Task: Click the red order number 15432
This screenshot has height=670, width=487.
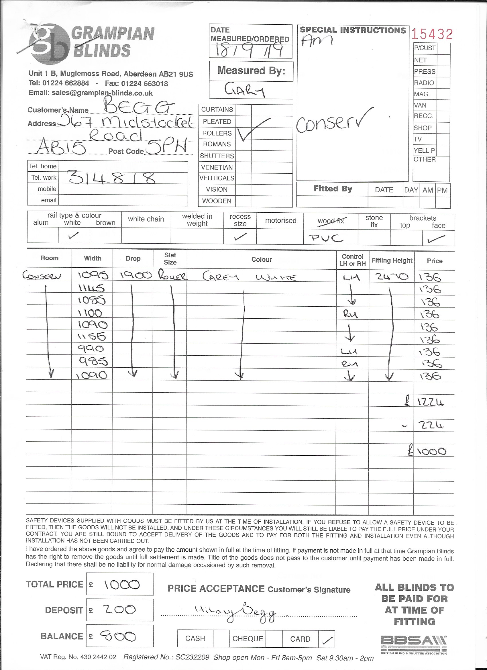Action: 432,34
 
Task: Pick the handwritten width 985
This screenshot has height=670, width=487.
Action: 93,361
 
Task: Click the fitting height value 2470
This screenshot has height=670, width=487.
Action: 392,277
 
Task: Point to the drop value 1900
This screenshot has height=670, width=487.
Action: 136,276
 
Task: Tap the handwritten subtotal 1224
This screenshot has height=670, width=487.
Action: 431,402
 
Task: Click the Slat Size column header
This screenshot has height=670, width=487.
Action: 170,258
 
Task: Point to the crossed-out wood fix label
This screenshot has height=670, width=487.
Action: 331,221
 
